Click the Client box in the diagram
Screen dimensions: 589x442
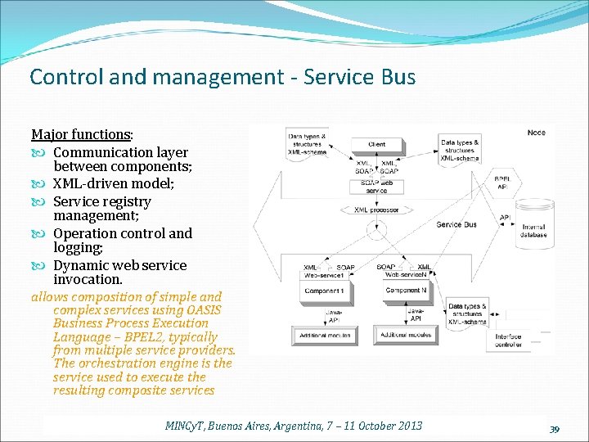[x=376, y=144]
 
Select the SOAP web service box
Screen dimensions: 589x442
[x=376, y=187]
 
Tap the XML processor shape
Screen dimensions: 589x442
[x=376, y=210]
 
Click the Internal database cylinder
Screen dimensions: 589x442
[x=533, y=221]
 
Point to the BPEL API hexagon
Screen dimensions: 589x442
[x=503, y=183]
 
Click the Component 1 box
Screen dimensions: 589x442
[x=323, y=291]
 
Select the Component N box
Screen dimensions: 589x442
[x=406, y=291]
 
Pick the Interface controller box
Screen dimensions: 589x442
[x=509, y=341]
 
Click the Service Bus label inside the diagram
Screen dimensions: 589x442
[x=456, y=225]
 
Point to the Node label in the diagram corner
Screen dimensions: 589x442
[x=536, y=133]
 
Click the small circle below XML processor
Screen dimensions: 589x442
[x=376, y=236]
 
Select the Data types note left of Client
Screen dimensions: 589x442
[x=307, y=144]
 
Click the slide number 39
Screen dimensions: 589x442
[x=554, y=429]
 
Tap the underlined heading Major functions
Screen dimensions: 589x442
[x=81, y=134]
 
